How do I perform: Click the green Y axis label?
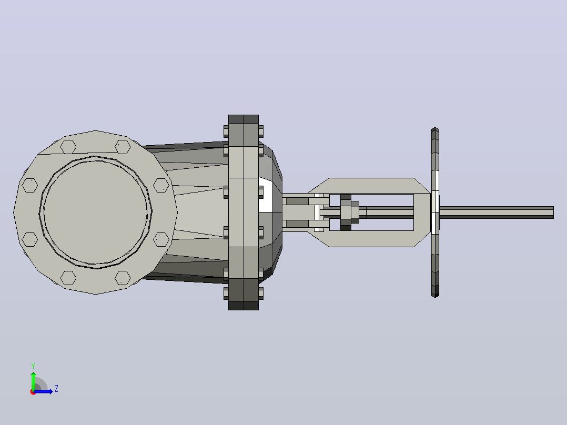(x=33, y=366)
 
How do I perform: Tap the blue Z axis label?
(x=56, y=389)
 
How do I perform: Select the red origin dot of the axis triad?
(x=33, y=392)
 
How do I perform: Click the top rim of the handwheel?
(x=435, y=129)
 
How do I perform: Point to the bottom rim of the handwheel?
(x=435, y=295)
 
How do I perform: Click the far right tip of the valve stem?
(x=553, y=212)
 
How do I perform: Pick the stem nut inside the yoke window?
(x=346, y=212)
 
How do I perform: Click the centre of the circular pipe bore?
(x=96, y=212)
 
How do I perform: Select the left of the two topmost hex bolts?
(x=68, y=147)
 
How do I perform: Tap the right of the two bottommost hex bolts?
(x=123, y=278)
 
